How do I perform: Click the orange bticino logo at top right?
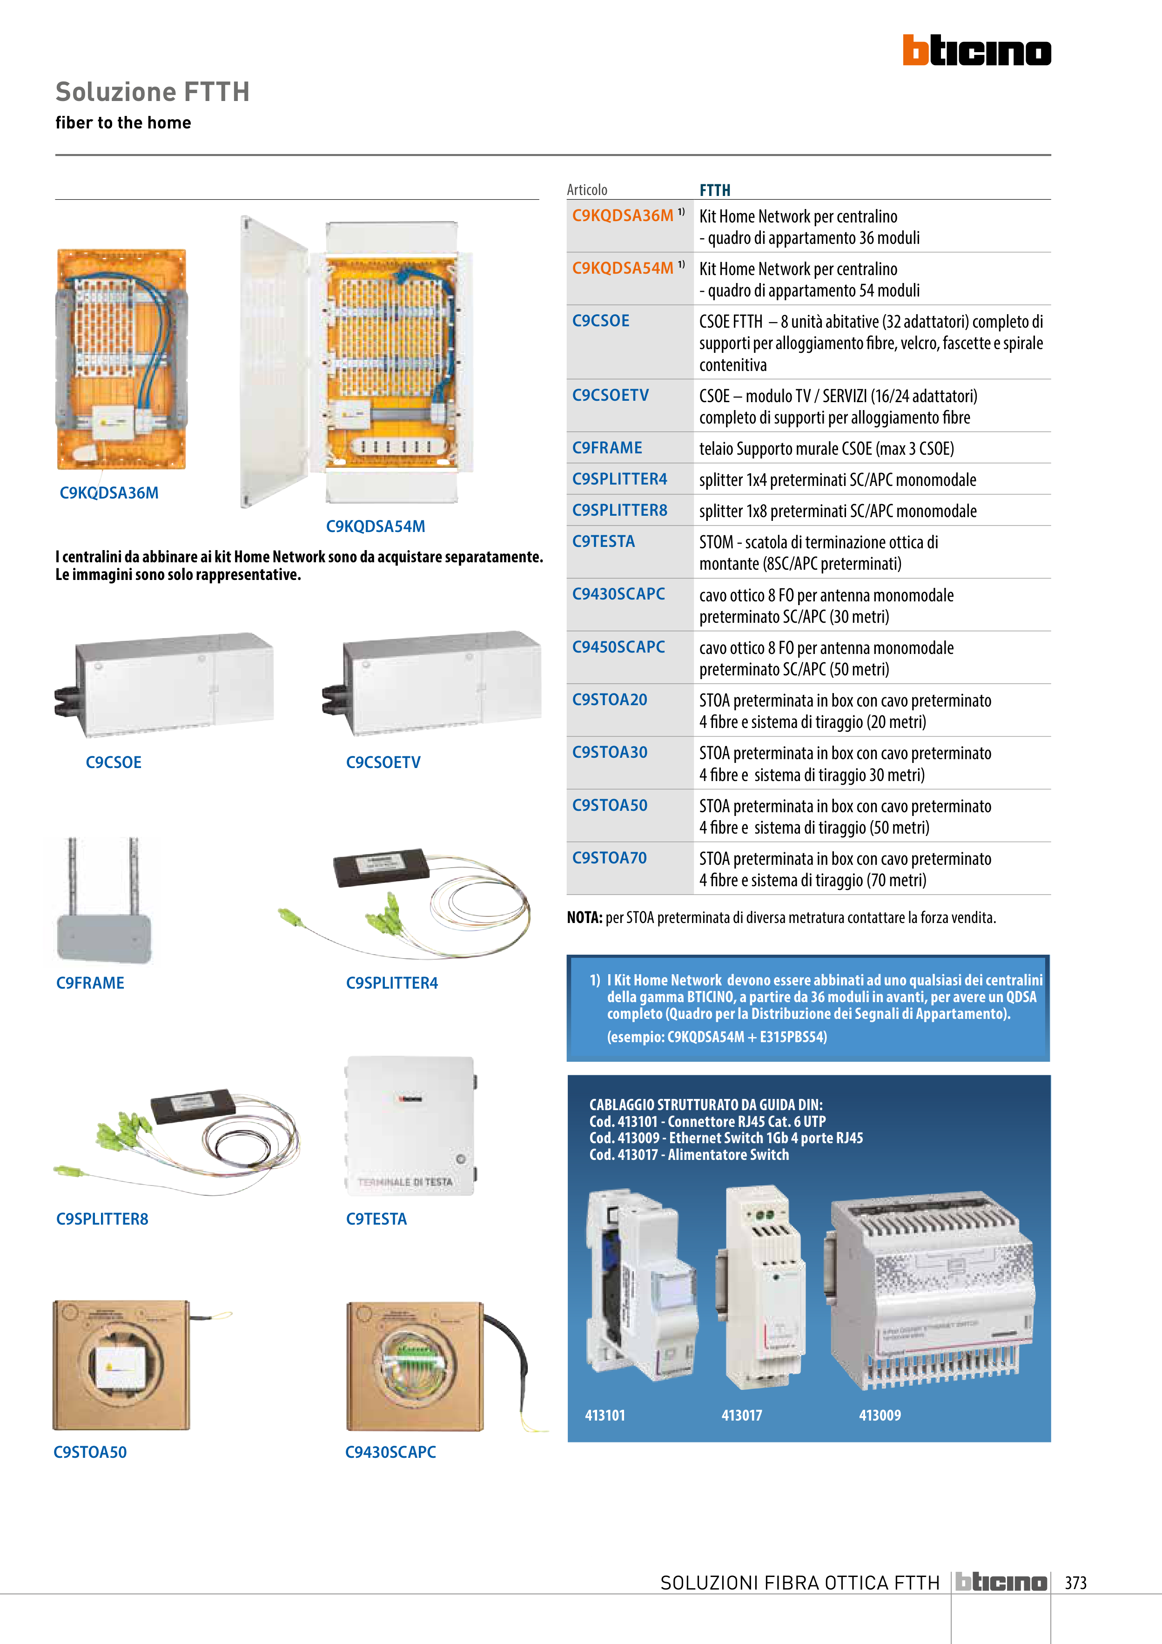tap(977, 51)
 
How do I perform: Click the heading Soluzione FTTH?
tap(153, 92)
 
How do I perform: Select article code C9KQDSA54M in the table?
tap(622, 269)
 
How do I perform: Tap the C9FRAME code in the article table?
tap(607, 448)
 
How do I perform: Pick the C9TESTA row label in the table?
tap(604, 542)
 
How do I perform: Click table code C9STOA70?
tap(609, 858)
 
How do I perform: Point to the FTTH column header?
tap(714, 190)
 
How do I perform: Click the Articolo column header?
tap(587, 190)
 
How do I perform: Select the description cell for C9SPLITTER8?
tap(838, 511)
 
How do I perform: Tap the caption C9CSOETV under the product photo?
tap(383, 762)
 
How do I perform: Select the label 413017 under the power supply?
tap(742, 1415)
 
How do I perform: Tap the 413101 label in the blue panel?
tap(605, 1415)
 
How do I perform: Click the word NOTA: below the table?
tap(584, 918)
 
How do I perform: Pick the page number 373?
tap(1075, 1583)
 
